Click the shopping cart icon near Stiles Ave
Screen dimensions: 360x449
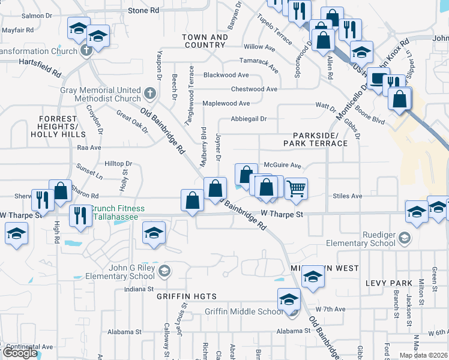[x=296, y=188]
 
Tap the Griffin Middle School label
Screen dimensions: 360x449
[x=243, y=311]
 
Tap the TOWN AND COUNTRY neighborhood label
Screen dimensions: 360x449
[x=205, y=41]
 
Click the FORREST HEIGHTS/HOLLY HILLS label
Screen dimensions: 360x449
[x=58, y=127]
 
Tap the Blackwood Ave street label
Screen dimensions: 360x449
[x=226, y=75]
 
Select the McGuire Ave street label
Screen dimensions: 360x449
[x=282, y=165]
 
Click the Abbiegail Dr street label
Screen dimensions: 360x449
[x=248, y=119]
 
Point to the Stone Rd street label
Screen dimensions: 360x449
[x=143, y=10]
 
